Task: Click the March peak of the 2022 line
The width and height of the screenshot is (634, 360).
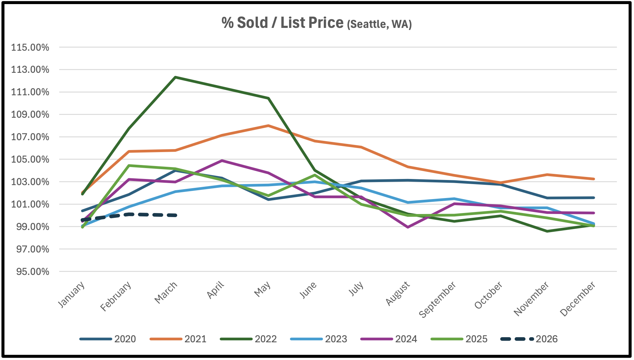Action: tap(175, 77)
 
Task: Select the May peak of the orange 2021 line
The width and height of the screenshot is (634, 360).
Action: tap(268, 126)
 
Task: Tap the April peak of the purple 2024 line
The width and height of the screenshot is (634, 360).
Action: tap(222, 161)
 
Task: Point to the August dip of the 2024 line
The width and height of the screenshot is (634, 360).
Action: tap(408, 227)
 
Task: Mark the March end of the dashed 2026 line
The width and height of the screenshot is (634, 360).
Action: tap(175, 215)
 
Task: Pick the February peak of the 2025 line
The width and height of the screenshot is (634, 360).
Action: tap(129, 165)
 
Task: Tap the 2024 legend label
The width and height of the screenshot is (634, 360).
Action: tap(406, 339)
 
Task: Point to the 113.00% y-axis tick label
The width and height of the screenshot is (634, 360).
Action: tap(30, 70)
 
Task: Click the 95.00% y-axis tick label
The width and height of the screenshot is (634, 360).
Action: tap(30, 272)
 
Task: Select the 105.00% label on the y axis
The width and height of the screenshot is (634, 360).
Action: tap(30, 160)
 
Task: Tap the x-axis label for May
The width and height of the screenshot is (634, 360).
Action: tap(263, 289)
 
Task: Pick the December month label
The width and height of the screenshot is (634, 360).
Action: tap(578, 299)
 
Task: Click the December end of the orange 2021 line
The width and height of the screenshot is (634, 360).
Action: tap(593, 179)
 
